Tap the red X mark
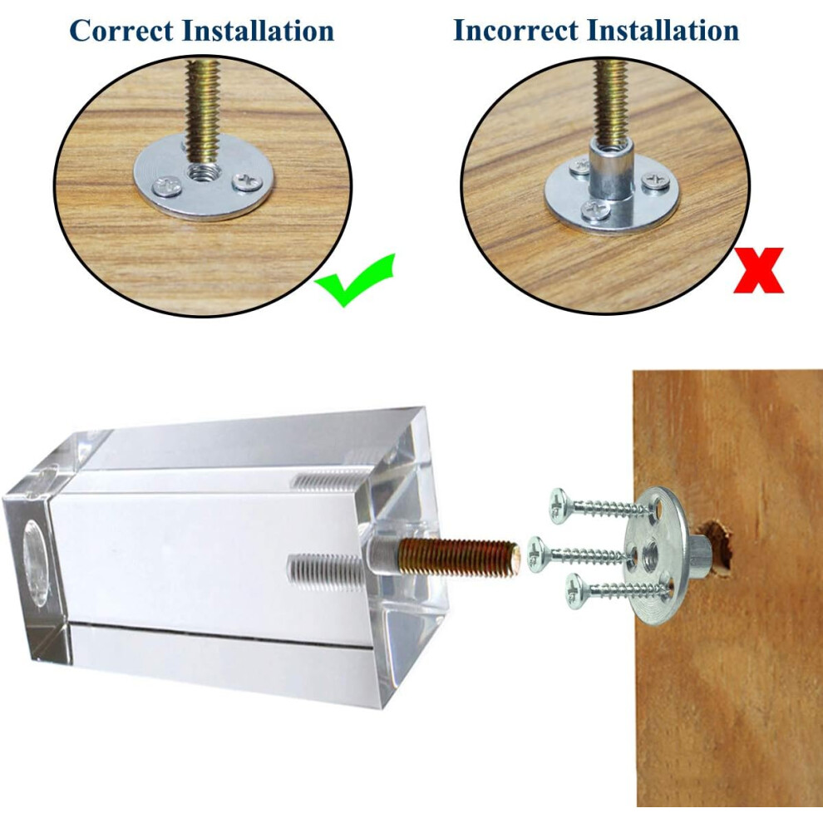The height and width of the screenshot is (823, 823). [x=758, y=270]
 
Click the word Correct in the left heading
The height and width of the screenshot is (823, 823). [x=121, y=31]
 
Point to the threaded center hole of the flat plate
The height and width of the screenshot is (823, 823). [x=201, y=171]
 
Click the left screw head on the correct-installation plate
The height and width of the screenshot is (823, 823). [x=166, y=187]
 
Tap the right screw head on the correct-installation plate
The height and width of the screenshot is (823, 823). [x=248, y=181]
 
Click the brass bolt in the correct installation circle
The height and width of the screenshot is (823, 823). [x=202, y=111]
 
